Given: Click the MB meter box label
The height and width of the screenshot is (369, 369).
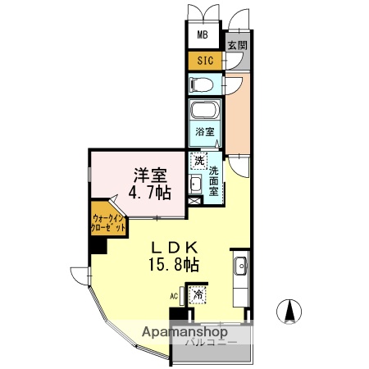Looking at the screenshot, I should [x=203, y=37].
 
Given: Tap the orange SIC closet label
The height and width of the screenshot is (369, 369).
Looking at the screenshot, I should [x=203, y=61].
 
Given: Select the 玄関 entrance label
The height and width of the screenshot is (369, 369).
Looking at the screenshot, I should [x=237, y=46].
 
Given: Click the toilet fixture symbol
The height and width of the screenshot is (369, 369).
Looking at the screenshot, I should [x=202, y=84].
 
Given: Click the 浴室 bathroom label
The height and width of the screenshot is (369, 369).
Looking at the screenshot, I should [x=204, y=131].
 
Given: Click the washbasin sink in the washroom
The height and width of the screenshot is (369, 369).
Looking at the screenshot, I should [x=196, y=182].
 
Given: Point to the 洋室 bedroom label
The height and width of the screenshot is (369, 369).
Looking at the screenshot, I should [x=152, y=175].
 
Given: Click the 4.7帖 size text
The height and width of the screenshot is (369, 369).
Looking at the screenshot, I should [x=152, y=193].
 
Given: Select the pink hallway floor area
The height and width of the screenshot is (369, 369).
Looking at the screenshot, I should [x=239, y=115].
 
